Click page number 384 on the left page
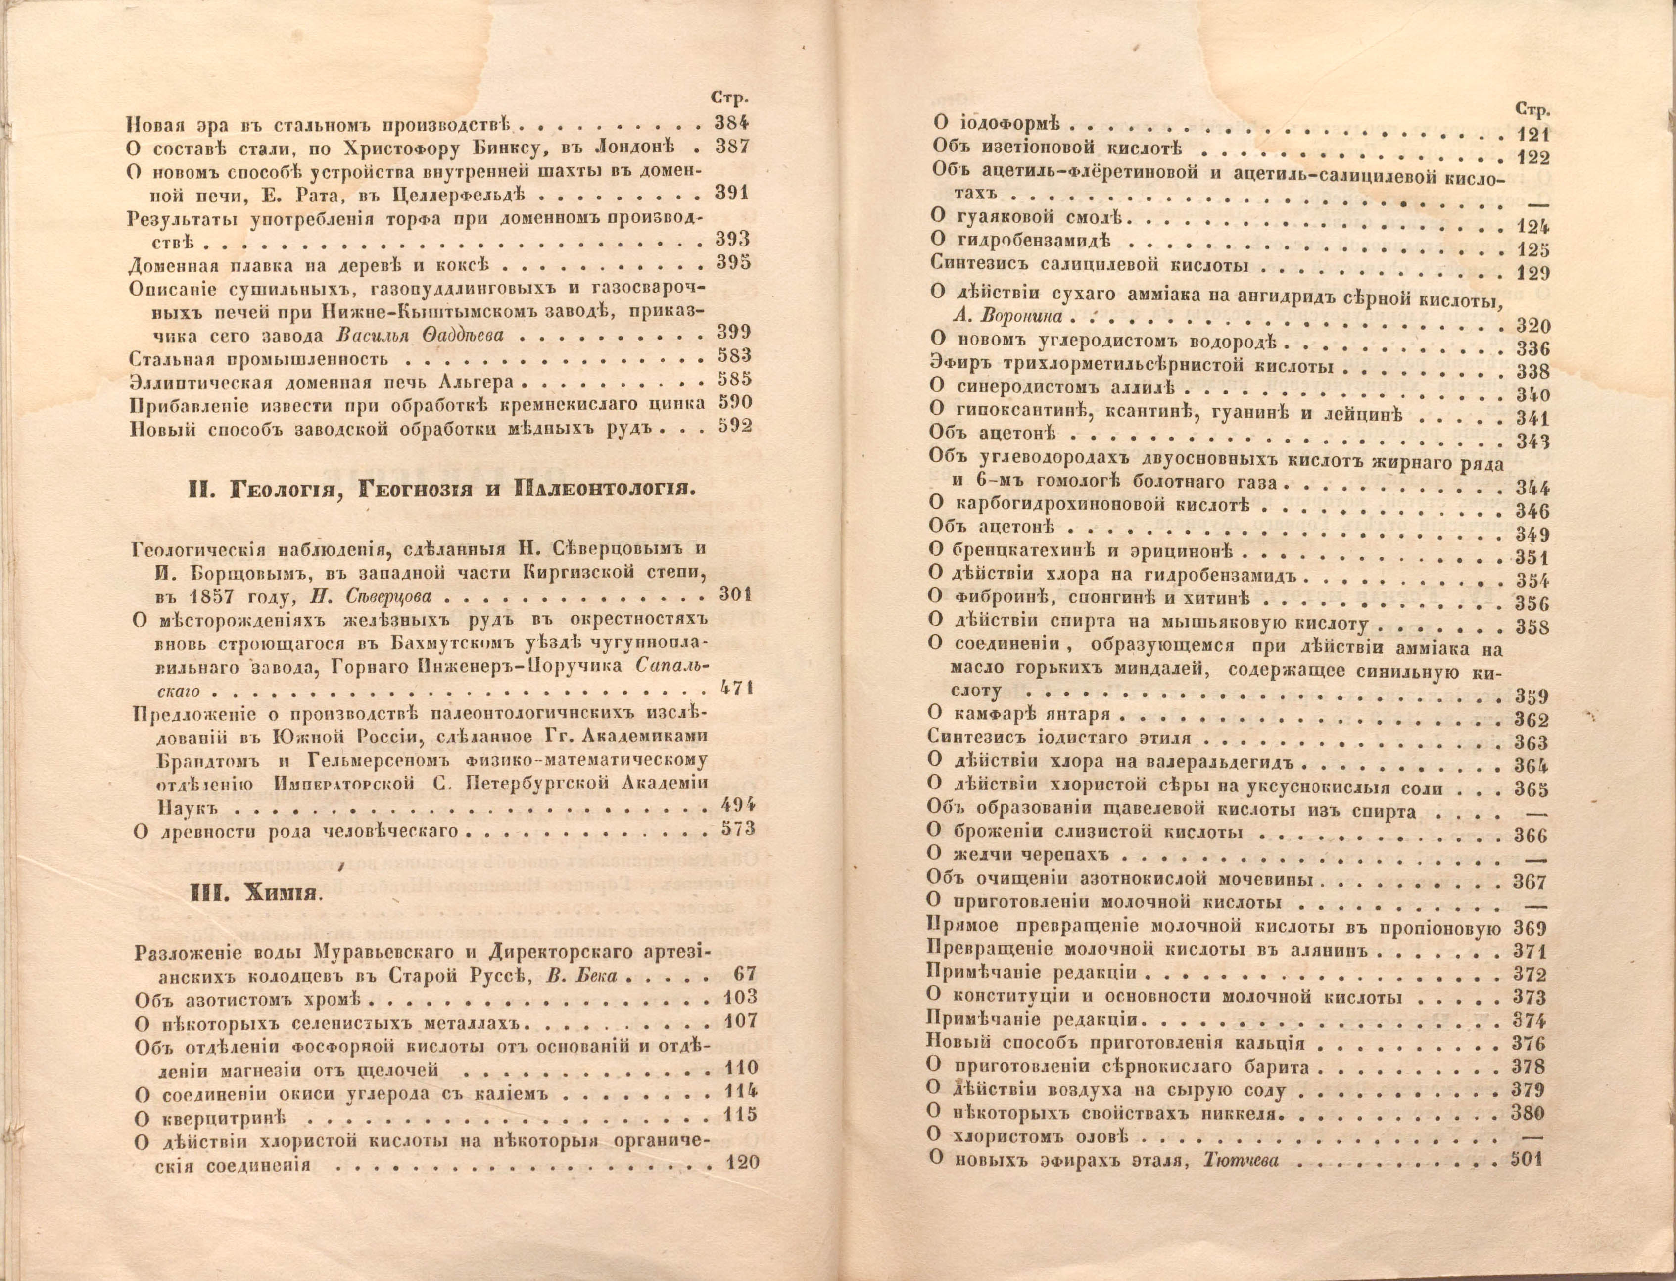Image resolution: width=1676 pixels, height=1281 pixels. click(x=732, y=122)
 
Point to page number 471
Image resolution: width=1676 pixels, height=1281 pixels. click(x=735, y=690)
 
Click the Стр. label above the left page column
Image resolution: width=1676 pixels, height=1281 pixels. click(x=730, y=98)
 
